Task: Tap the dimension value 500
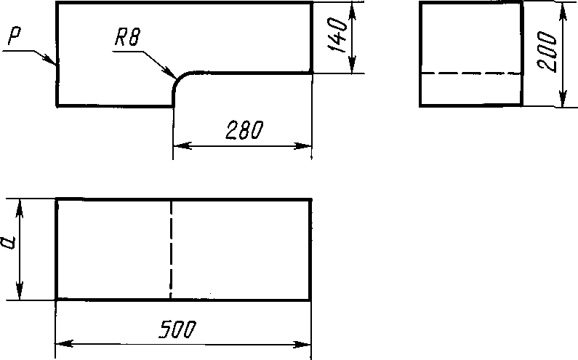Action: [x=177, y=329]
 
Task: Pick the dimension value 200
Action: [x=550, y=53]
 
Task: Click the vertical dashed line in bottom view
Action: [x=171, y=247]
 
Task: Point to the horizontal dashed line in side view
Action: [x=471, y=73]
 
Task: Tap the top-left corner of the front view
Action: [x=57, y=3]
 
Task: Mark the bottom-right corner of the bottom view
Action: [x=311, y=298]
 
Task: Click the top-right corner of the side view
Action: [x=522, y=3]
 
